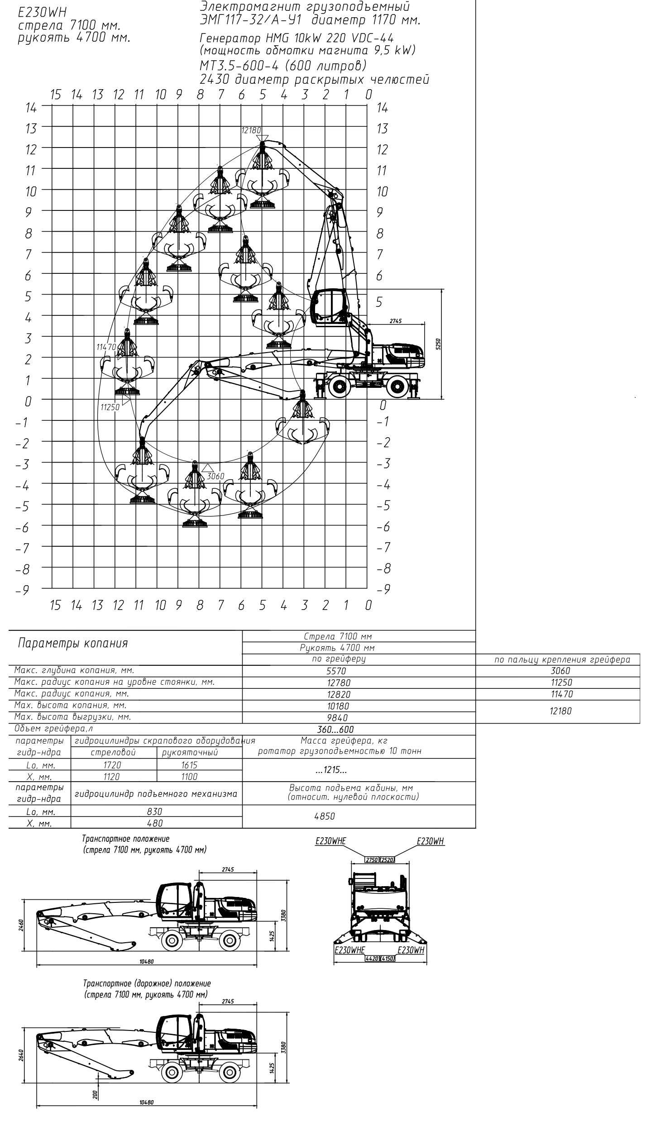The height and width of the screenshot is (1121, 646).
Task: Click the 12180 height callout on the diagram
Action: (x=251, y=130)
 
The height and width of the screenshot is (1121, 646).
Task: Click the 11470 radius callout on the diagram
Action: (x=106, y=347)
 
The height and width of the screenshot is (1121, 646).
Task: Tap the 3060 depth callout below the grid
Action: (x=215, y=476)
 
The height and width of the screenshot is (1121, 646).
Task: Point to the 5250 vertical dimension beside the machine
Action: (x=438, y=343)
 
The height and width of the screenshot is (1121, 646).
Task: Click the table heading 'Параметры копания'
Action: (x=72, y=643)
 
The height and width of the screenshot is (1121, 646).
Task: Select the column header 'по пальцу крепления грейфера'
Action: (x=562, y=659)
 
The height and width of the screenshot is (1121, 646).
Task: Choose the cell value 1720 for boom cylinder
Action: (x=112, y=765)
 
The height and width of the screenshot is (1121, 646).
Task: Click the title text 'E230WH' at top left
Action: (x=42, y=14)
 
